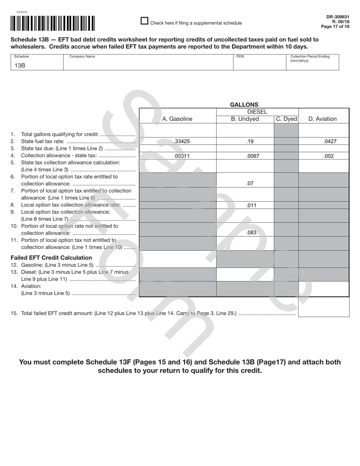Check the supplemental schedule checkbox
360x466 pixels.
click(x=144, y=21)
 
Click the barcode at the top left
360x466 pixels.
click(x=53, y=23)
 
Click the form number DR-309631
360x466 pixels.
click(x=338, y=17)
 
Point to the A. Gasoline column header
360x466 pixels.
click(x=177, y=119)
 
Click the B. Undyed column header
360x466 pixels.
click(x=245, y=119)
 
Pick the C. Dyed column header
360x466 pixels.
click(x=286, y=119)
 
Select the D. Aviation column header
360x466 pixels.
click(x=322, y=119)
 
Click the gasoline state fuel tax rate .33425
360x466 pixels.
click(x=182, y=141)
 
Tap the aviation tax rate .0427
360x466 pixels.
click(x=330, y=141)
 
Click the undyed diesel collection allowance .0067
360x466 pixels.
click(x=253, y=156)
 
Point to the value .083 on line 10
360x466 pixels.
click(x=252, y=233)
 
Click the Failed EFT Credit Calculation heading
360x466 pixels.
click(x=51, y=258)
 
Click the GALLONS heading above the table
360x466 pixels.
click(x=244, y=105)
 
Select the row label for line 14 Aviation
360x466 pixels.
click(x=31, y=286)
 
